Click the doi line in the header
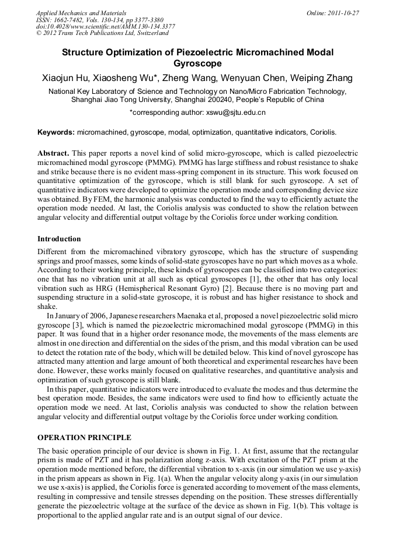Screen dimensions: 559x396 pos(105,26)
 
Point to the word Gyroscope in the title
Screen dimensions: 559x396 pos(198,64)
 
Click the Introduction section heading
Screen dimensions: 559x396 pos(59,239)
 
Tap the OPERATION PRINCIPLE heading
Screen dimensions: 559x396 pos(84,438)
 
